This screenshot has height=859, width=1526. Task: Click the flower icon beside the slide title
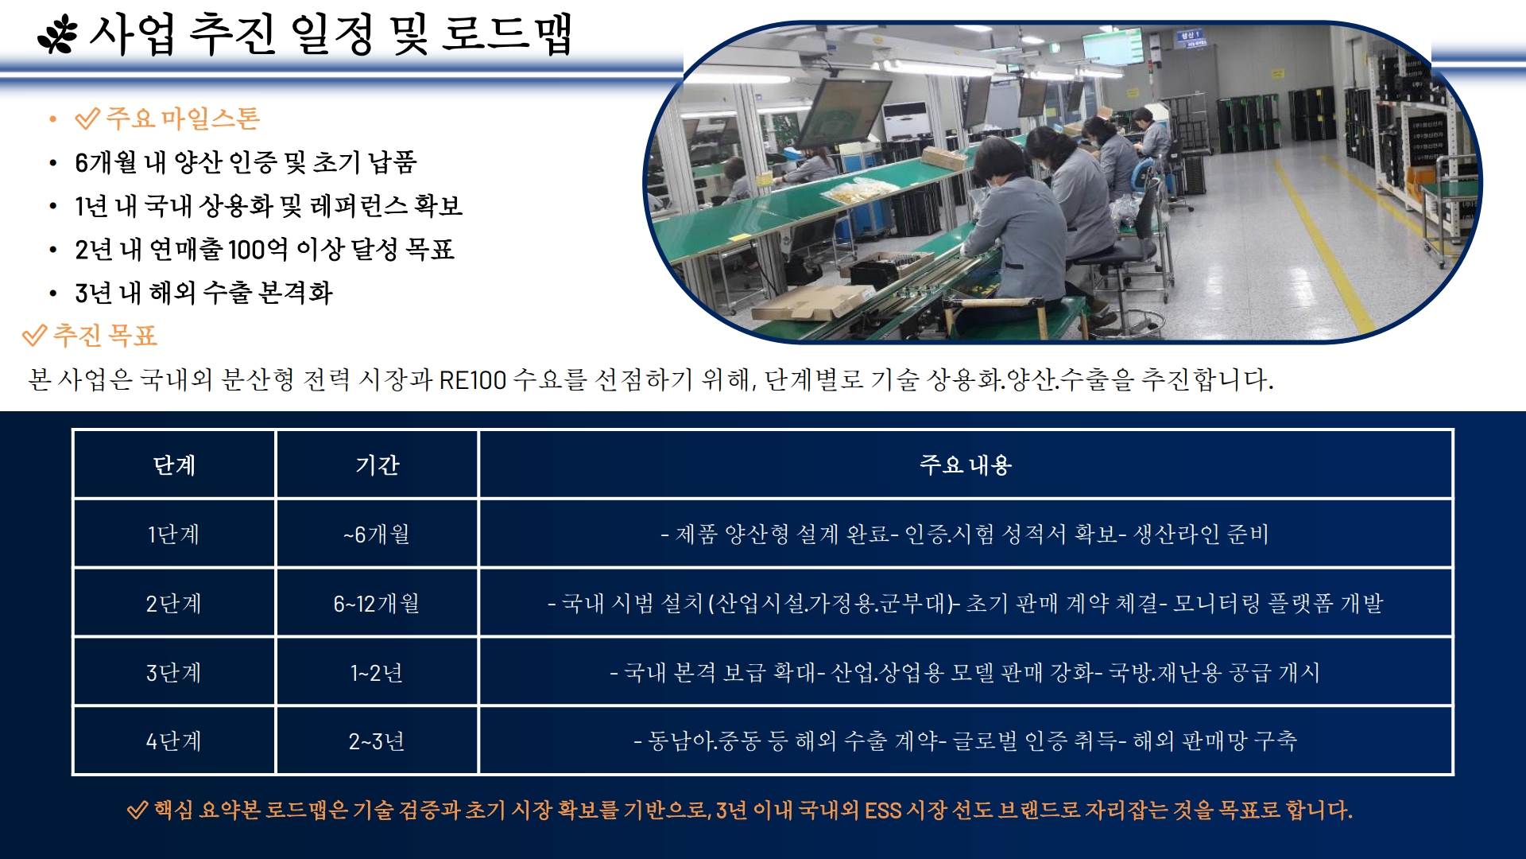pyautogui.click(x=58, y=36)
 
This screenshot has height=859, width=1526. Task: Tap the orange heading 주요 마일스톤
pyautogui.click(x=183, y=119)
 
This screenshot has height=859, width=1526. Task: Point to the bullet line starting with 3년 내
pyautogui.click(x=203, y=293)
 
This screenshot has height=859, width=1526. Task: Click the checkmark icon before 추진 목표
pyautogui.click(x=34, y=336)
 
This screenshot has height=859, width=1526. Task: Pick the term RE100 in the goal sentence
pyautogui.click(x=472, y=379)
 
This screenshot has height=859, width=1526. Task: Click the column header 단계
pyautogui.click(x=174, y=464)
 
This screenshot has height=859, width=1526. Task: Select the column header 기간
pyautogui.click(x=377, y=464)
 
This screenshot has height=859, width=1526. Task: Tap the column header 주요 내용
pyautogui.click(x=965, y=464)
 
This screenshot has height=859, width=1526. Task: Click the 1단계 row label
pyautogui.click(x=174, y=534)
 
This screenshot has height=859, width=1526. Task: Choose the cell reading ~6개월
pyautogui.click(x=377, y=534)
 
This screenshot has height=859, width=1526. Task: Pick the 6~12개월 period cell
pyautogui.click(x=377, y=604)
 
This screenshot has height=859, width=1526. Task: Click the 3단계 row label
pyautogui.click(x=174, y=673)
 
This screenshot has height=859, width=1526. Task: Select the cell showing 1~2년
pyautogui.click(x=377, y=673)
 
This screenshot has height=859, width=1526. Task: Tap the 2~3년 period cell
pyautogui.click(x=377, y=741)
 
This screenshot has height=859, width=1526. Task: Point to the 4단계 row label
pyautogui.click(x=174, y=741)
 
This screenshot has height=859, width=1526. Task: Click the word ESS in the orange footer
pyautogui.click(x=883, y=810)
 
